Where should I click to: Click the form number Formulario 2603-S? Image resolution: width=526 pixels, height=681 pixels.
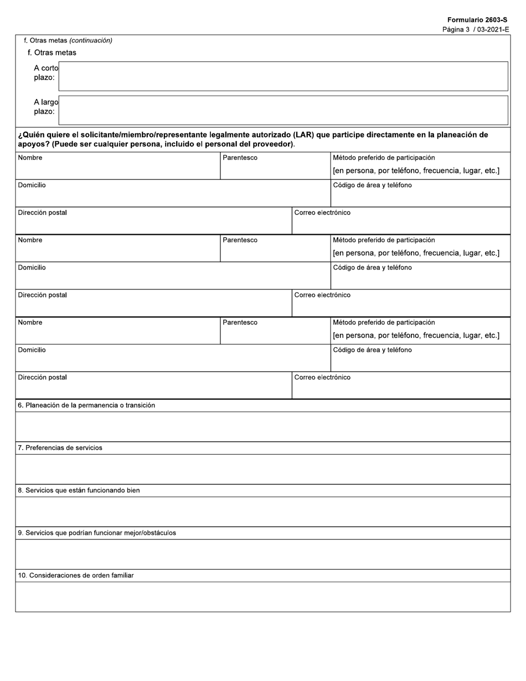pyautogui.click(x=477, y=20)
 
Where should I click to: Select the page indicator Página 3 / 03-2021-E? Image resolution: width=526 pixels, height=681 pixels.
pyautogui.click(x=476, y=29)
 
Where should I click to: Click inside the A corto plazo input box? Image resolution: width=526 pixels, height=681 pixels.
pyautogui.click(x=283, y=76)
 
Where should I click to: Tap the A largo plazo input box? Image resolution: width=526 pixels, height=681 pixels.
pyautogui.click(x=283, y=110)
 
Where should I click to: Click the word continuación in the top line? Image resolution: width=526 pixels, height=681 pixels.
pyautogui.click(x=91, y=40)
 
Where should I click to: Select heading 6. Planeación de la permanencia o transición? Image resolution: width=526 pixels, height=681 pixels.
pyautogui.click(x=86, y=405)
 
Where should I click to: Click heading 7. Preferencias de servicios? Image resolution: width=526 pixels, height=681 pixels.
pyautogui.click(x=60, y=448)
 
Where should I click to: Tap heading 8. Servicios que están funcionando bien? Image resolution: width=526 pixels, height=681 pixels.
pyautogui.click(x=79, y=491)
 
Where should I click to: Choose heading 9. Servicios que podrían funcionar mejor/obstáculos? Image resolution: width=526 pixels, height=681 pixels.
pyautogui.click(x=97, y=533)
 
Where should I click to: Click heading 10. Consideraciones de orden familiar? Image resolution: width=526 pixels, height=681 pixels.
pyautogui.click(x=76, y=576)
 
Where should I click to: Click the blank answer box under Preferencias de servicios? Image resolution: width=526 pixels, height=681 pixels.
pyautogui.click(x=262, y=470)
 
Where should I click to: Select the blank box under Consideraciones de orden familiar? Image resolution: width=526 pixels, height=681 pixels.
pyautogui.click(x=262, y=597)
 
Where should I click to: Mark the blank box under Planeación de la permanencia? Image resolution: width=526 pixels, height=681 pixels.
pyautogui.click(x=262, y=427)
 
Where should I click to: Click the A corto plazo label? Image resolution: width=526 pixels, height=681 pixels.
pyautogui.click(x=45, y=73)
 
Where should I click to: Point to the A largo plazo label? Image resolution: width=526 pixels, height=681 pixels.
pyautogui.click(x=45, y=107)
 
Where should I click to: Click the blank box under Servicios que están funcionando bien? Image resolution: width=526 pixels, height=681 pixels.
pyautogui.click(x=262, y=512)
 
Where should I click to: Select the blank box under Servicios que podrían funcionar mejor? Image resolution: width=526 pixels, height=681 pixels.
pyautogui.click(x=262, y=554)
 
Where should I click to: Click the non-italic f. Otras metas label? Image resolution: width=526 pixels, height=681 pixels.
pyautogui.click(x=52, y=53)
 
